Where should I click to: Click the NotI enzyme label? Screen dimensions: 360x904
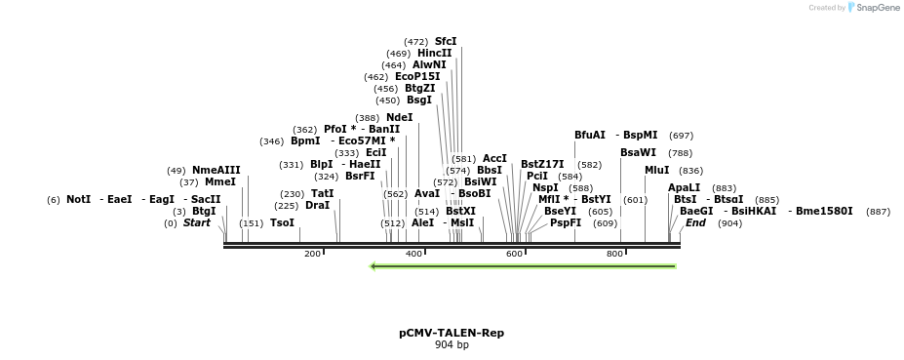click(79, 199)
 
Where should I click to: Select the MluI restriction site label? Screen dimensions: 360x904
click(657, 170)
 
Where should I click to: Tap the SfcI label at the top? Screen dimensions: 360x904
click(446, 41)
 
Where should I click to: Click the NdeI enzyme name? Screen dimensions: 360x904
click(399, 117)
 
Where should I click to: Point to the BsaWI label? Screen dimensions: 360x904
click(638, 152)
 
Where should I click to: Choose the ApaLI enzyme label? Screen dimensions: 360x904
click(684, 187)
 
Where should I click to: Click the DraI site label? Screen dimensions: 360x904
click(318, 205)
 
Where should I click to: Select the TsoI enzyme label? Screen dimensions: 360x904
click(282, 222)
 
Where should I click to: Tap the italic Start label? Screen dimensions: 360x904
click(197, 222)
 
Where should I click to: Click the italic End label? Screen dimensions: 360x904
click(695, 222)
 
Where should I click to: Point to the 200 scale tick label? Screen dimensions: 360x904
click(312, 254)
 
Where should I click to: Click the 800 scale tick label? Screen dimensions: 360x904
click(615, 254)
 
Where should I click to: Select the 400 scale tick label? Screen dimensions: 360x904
click(413, 254)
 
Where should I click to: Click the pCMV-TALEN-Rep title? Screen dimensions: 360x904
click(452, 333)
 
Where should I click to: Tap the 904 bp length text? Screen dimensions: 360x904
click(452, 345)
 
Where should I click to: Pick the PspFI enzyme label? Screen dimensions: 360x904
click(566, 222)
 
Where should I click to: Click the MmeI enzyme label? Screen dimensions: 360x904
click(220, 181)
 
